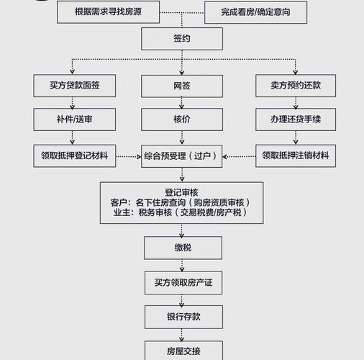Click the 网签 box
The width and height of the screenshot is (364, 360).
click(x=181, y=86)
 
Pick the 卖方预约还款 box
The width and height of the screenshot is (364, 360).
click(x=294, y=86)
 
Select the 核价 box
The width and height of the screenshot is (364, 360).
click(x=181, y=119)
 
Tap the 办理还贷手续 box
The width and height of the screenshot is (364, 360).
click(x=294, y=119)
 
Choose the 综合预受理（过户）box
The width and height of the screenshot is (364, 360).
click(x=183, y=156)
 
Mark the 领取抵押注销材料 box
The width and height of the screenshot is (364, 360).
click(x=295, y=156)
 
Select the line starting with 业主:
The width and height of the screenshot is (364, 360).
click(x=181, y=213)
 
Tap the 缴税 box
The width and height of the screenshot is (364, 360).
click(x=181, y=248)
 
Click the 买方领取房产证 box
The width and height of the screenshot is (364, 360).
click(x=181, y=283)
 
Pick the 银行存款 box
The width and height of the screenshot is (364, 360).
click(x=181, y=317)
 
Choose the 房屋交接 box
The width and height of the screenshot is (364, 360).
click(x=181, y=351)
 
